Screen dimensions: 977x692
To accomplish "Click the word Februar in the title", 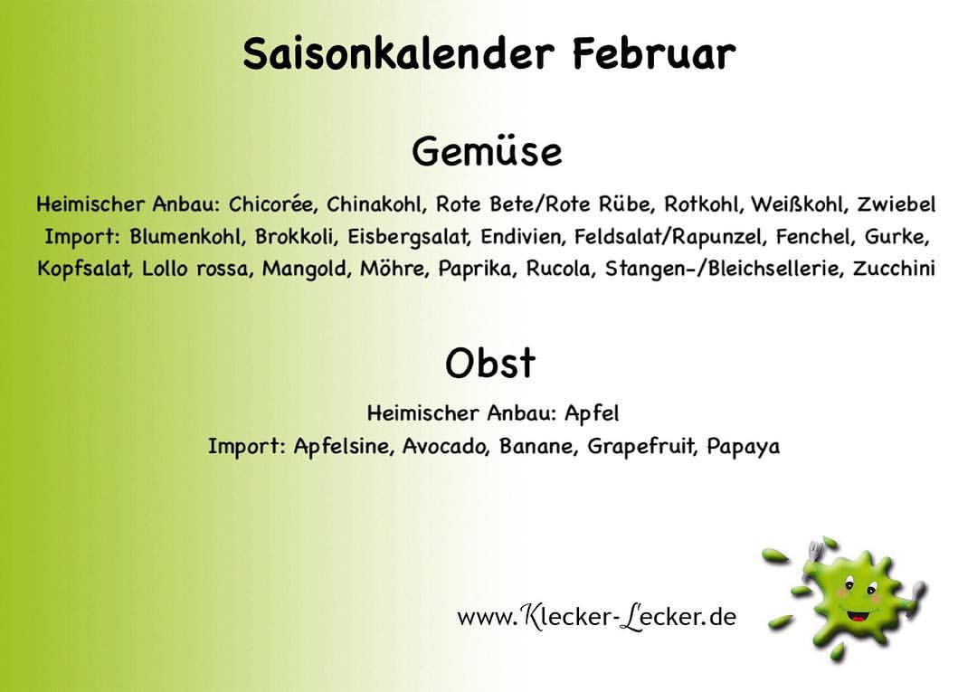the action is [654, 53].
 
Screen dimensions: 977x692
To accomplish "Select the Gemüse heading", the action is [487, 152].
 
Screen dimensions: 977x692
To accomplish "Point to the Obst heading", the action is [490, 363].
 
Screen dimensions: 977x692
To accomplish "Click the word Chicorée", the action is [271, 204].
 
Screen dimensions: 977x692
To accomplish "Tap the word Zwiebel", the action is [896, 204].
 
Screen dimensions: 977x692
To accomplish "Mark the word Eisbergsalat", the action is [408, 237].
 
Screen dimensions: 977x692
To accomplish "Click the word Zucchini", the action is [894, 269].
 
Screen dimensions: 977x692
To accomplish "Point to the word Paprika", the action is [478, 269].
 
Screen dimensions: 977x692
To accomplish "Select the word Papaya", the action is [744, 447].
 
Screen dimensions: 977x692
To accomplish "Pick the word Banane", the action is [536, 446].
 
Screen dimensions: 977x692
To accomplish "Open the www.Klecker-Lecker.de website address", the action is [596, 617].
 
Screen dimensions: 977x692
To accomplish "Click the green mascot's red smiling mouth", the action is [859, 615].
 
